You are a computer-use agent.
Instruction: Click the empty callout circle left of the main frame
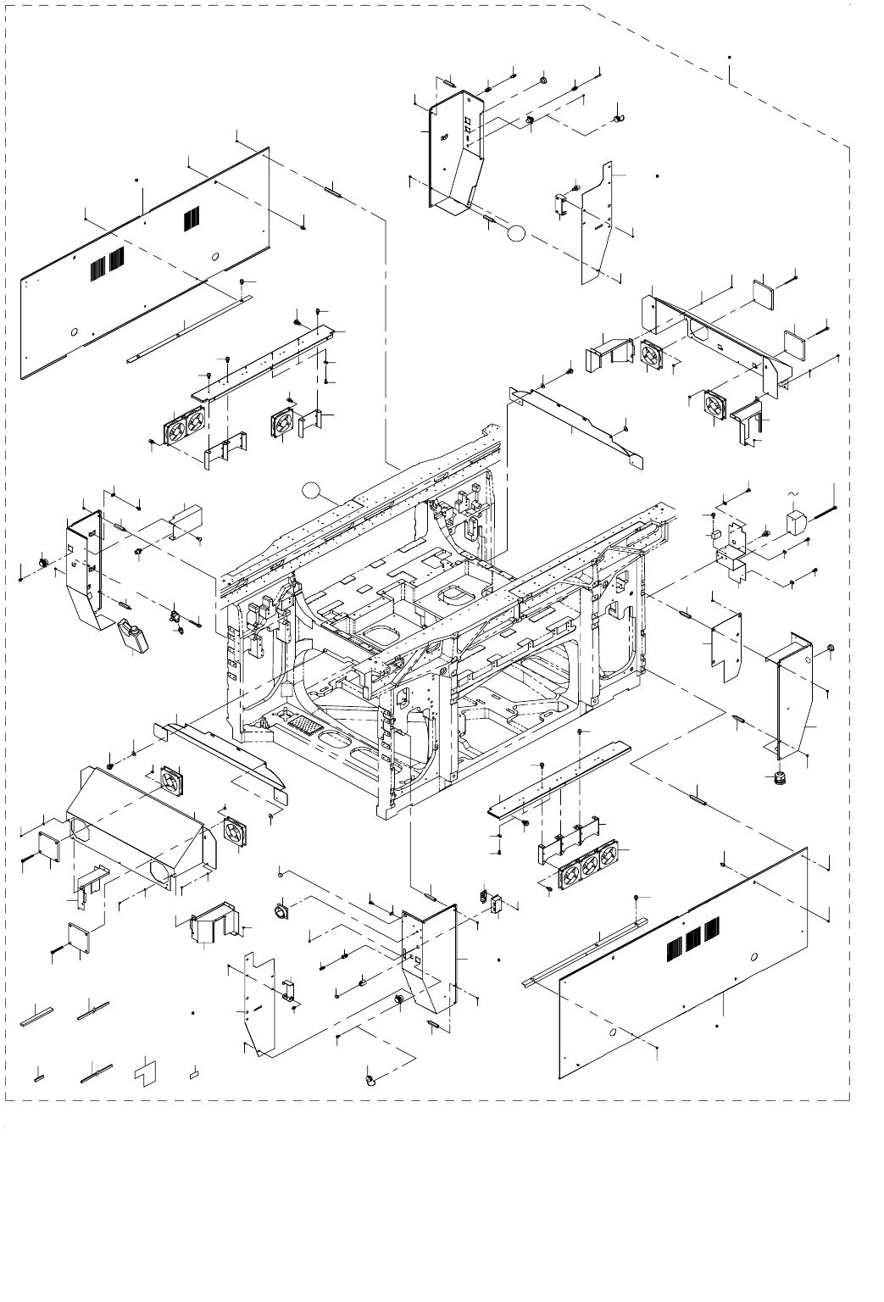(314, 489)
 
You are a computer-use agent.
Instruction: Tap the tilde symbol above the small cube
(794, 493)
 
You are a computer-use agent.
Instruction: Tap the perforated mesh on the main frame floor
(296, 727)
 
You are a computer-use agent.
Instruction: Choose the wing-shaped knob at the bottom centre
(371, 1080)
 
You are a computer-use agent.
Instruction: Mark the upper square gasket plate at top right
(764, 293)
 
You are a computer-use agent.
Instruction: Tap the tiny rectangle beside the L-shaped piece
(194, 1072)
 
